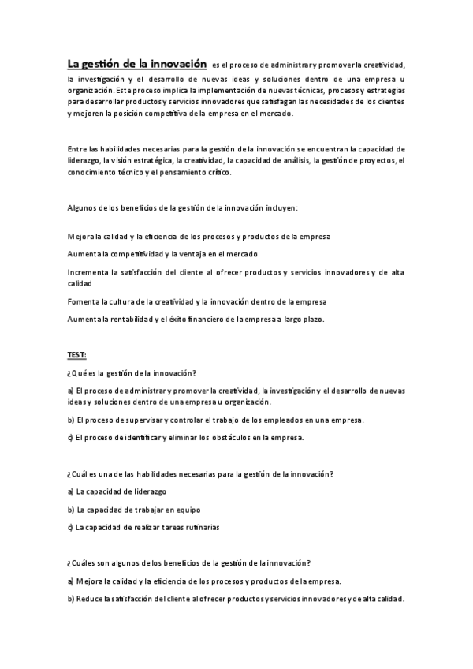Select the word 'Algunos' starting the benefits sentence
[82, 208]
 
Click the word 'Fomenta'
[84, 301]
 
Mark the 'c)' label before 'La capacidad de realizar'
[71, 525]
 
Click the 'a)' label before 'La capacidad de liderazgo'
[71, 491]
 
